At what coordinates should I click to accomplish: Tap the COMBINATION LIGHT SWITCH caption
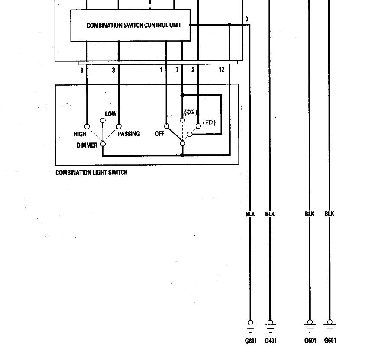tap(91, 173)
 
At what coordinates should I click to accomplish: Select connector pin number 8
tap(81, 70)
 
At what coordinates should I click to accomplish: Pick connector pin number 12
tap(222, 70)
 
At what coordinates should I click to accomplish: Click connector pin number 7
tap(177, 70)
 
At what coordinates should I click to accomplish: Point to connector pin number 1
tap(161, 70)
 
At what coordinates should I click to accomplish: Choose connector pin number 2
tap(193, 70)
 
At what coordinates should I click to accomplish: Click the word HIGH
tap(80, 134)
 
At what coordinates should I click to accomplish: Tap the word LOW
tap(111, 114)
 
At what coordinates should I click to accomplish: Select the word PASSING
tap(129, 134)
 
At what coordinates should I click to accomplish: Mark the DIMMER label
tap(87, 145)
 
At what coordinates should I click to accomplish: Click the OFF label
tap(160, 134)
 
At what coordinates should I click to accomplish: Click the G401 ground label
tap(270, 341)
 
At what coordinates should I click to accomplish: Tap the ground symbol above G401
tap(270, 324)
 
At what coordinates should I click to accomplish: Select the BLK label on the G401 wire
tap(270, 214)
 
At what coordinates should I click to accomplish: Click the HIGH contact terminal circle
tap(87, 127)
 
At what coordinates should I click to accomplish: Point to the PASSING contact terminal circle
tap(118, 127)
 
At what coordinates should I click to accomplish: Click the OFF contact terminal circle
tap(166, 127)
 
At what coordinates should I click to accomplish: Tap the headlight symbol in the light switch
tap(209, 123)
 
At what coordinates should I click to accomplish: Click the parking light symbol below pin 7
tap(189, 112)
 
